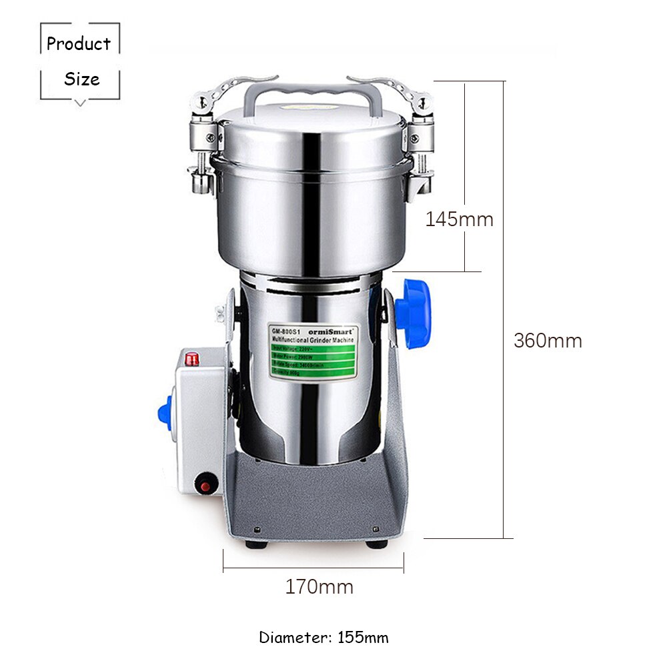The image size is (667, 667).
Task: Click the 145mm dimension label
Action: point(460,219)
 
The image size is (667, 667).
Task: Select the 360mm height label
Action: point(548,340)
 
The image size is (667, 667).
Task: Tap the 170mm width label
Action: point(319,587)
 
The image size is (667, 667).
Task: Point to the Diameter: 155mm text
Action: point(323,637)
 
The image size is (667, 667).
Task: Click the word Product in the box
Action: point(79,44)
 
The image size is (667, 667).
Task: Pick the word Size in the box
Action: point(81,79)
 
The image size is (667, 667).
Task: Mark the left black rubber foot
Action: point(254,544)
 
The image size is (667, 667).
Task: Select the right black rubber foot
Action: point(376,544)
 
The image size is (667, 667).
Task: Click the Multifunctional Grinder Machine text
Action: point(313,340)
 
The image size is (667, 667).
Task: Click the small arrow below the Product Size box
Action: point(80,103)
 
